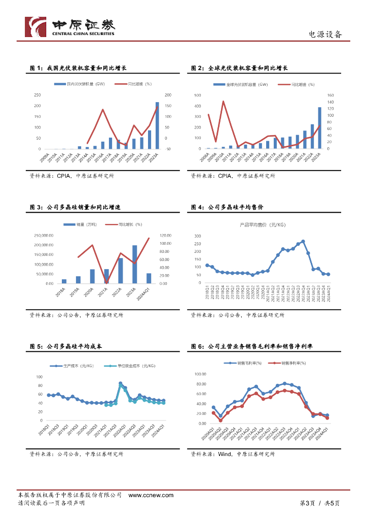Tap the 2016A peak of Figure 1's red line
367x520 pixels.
pos(103,110)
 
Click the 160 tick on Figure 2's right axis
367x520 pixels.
pos(331,95)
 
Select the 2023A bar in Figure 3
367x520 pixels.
pos(135,265)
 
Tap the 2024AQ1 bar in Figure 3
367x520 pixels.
pos(149,278)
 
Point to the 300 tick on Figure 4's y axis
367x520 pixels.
pos(197,236)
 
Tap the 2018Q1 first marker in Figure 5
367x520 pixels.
pos(48,395)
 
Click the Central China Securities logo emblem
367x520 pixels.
pos(36,27)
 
